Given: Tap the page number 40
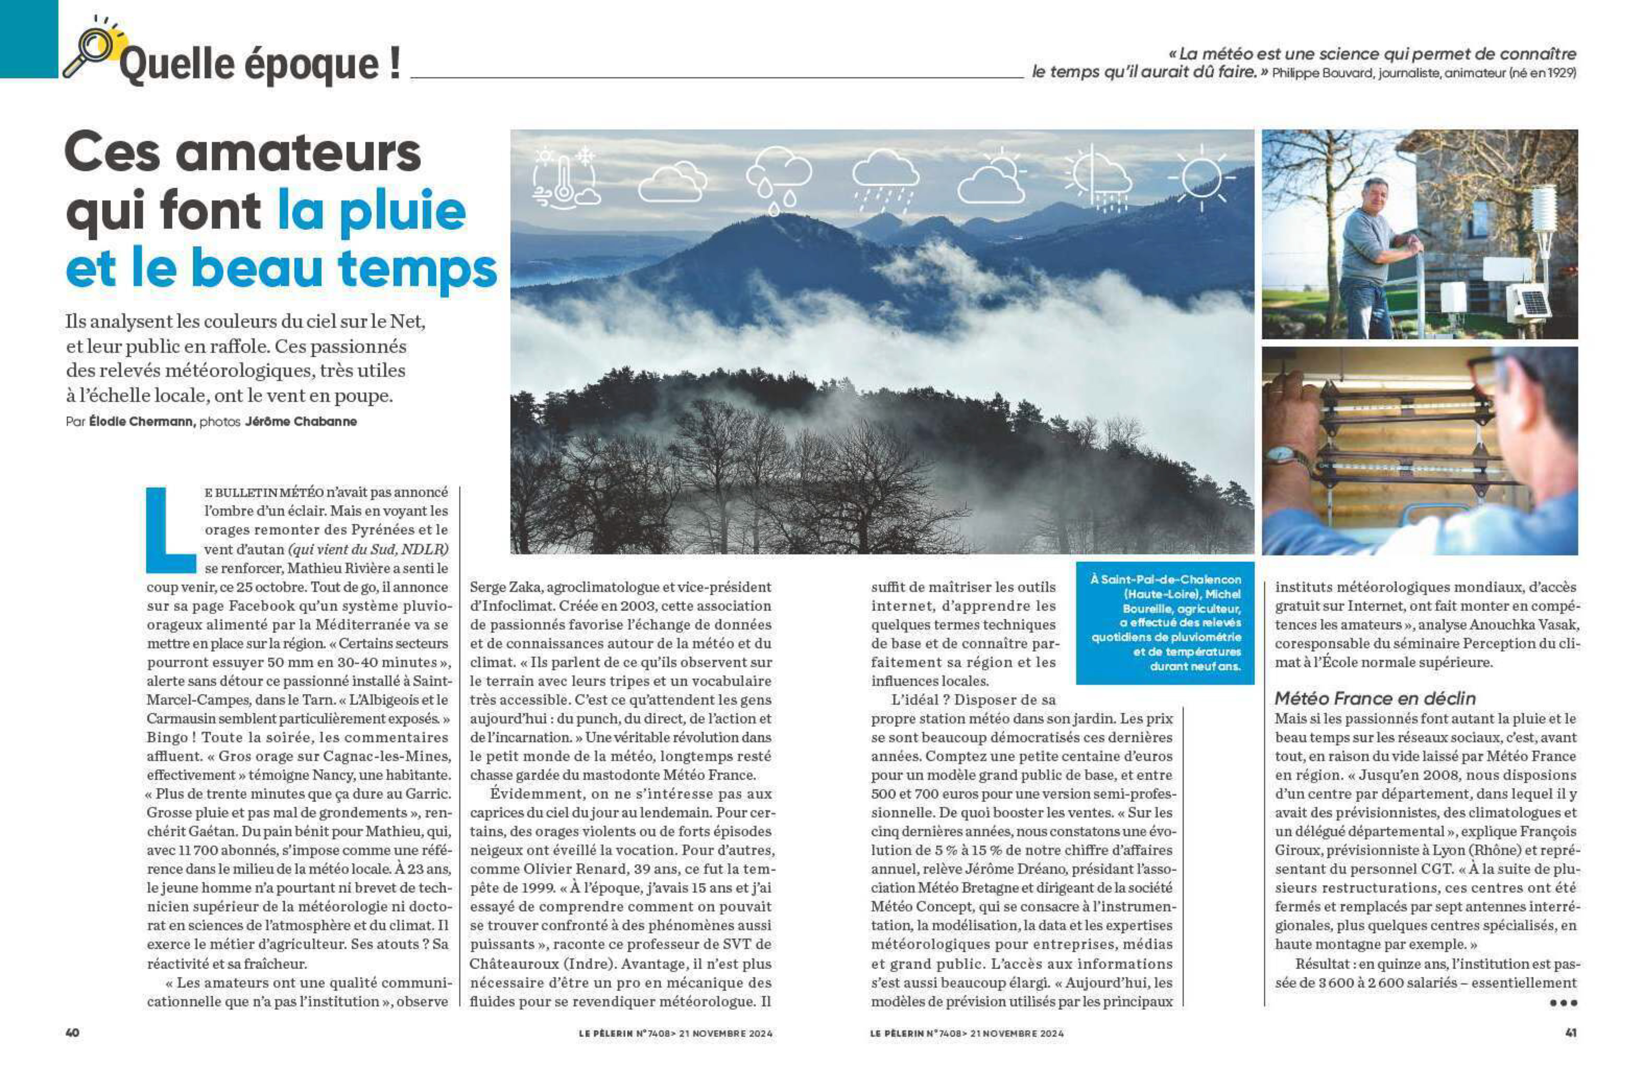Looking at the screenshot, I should point(72,1033).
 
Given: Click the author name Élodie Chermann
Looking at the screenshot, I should point(142,422).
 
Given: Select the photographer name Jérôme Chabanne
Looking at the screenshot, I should point(301,422).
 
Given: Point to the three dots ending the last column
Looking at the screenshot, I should point(1563,1003).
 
